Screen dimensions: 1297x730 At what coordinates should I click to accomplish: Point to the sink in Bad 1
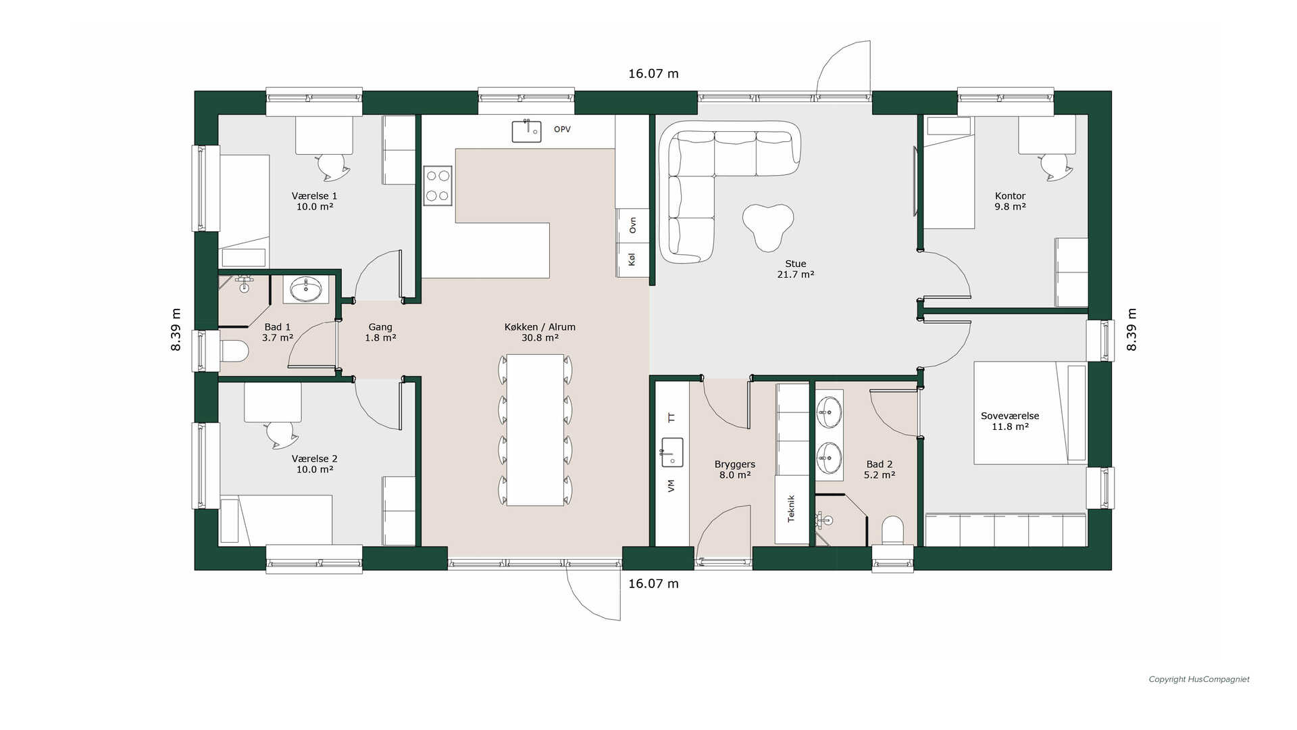(306, 289)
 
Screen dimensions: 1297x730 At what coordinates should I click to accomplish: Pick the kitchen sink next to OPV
(526, 130)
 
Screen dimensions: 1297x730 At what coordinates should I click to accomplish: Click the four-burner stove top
(437, 186)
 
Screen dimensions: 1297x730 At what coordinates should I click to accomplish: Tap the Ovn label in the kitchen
(632, 225)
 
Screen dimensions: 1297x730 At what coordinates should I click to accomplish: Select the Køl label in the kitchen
(632, 259)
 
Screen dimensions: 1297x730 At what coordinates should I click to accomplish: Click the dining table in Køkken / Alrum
(535, 430)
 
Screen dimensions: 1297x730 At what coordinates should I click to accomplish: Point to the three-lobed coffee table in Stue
(768, 226)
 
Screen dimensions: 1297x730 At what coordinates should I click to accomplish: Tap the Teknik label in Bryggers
(791, 508)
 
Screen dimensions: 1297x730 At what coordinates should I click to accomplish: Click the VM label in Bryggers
(671, 485)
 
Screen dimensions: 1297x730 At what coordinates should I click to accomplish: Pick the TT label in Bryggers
(671, 418)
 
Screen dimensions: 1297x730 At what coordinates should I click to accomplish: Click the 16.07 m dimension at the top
(653, 74)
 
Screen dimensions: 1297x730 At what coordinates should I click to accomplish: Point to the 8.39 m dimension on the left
(176, 330)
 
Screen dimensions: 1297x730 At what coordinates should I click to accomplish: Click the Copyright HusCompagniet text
(1199, 679)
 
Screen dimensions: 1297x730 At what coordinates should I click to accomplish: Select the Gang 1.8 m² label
(380, 332)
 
